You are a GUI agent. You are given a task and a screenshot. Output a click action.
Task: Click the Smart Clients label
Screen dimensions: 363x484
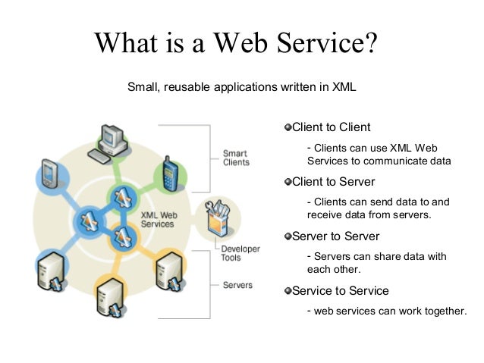[235, 158]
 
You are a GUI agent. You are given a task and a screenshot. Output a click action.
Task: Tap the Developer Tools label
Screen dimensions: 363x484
[240, 253]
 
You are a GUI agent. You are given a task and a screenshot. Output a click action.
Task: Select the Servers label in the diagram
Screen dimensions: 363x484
[237, 285]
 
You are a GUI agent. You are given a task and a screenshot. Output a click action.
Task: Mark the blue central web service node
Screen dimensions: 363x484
[86, 221]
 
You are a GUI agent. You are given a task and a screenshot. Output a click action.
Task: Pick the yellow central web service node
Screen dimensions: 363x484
[121, 238]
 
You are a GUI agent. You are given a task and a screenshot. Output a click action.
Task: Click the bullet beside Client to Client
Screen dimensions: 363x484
[288, 127]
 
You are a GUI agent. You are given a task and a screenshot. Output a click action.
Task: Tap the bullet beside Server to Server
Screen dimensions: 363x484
[288, 236]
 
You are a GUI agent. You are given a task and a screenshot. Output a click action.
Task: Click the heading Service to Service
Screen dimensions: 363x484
[340, 290]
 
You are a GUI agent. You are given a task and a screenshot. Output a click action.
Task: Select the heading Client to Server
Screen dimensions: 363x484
[333, 182]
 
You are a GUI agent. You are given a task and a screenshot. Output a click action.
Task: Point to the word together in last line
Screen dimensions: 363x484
[438, 310]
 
